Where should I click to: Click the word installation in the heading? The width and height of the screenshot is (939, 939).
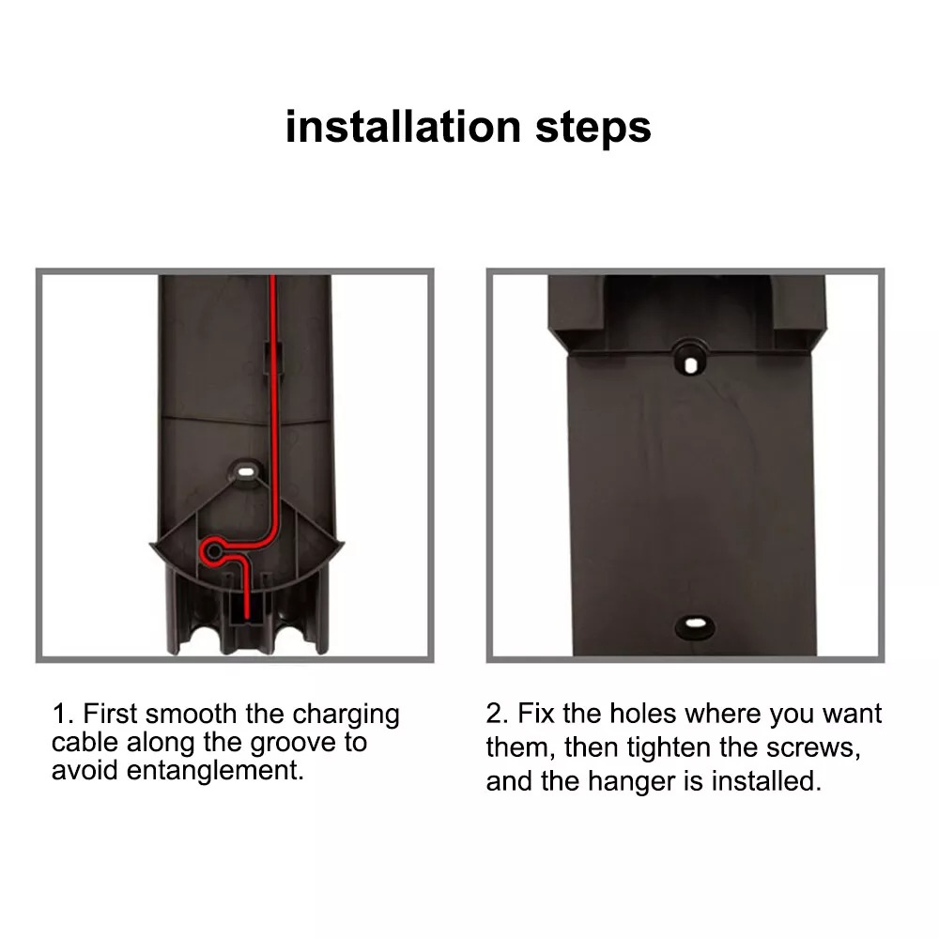[404, 127]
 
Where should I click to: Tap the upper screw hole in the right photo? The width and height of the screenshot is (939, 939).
[690, 364]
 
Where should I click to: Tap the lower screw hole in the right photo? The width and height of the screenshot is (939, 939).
[695, 623]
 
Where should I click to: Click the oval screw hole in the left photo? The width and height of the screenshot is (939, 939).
[246, 471]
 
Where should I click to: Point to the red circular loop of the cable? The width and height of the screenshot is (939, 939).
[212, 548]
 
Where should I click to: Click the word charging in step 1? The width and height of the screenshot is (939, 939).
[346, 715]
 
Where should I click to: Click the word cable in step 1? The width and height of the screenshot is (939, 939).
[86, 743]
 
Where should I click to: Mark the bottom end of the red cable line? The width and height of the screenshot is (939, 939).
[247, 617]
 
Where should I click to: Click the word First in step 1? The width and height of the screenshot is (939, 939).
[111, 714]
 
